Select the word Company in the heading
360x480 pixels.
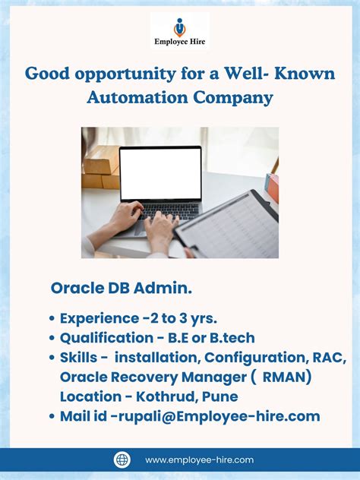(x=235, y=97)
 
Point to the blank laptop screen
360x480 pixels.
(x=161, y=174)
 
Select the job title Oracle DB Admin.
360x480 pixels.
(x=122, y=289)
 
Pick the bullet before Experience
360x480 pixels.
(x=51, y=318)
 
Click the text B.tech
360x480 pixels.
(x=232, y=337)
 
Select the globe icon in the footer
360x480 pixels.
(x=122, y=459)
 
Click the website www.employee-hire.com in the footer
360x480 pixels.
(x=200, y=459)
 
